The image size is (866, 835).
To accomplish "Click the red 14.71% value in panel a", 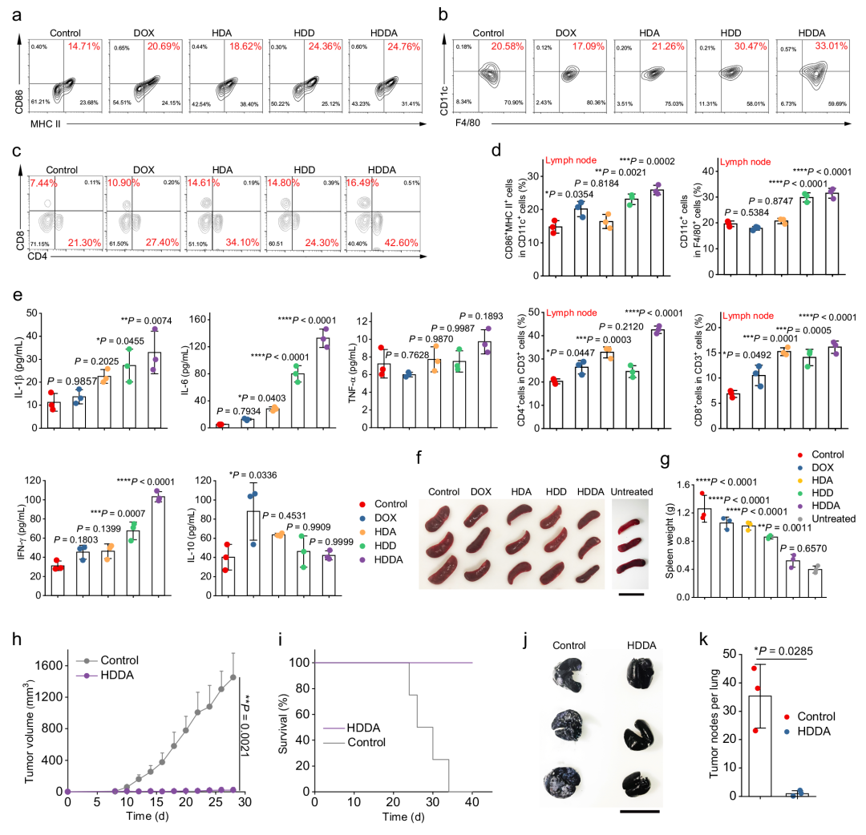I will [83, 47].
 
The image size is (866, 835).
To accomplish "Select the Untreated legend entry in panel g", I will [832, 518].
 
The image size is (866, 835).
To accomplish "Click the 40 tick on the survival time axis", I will [472, 806].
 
